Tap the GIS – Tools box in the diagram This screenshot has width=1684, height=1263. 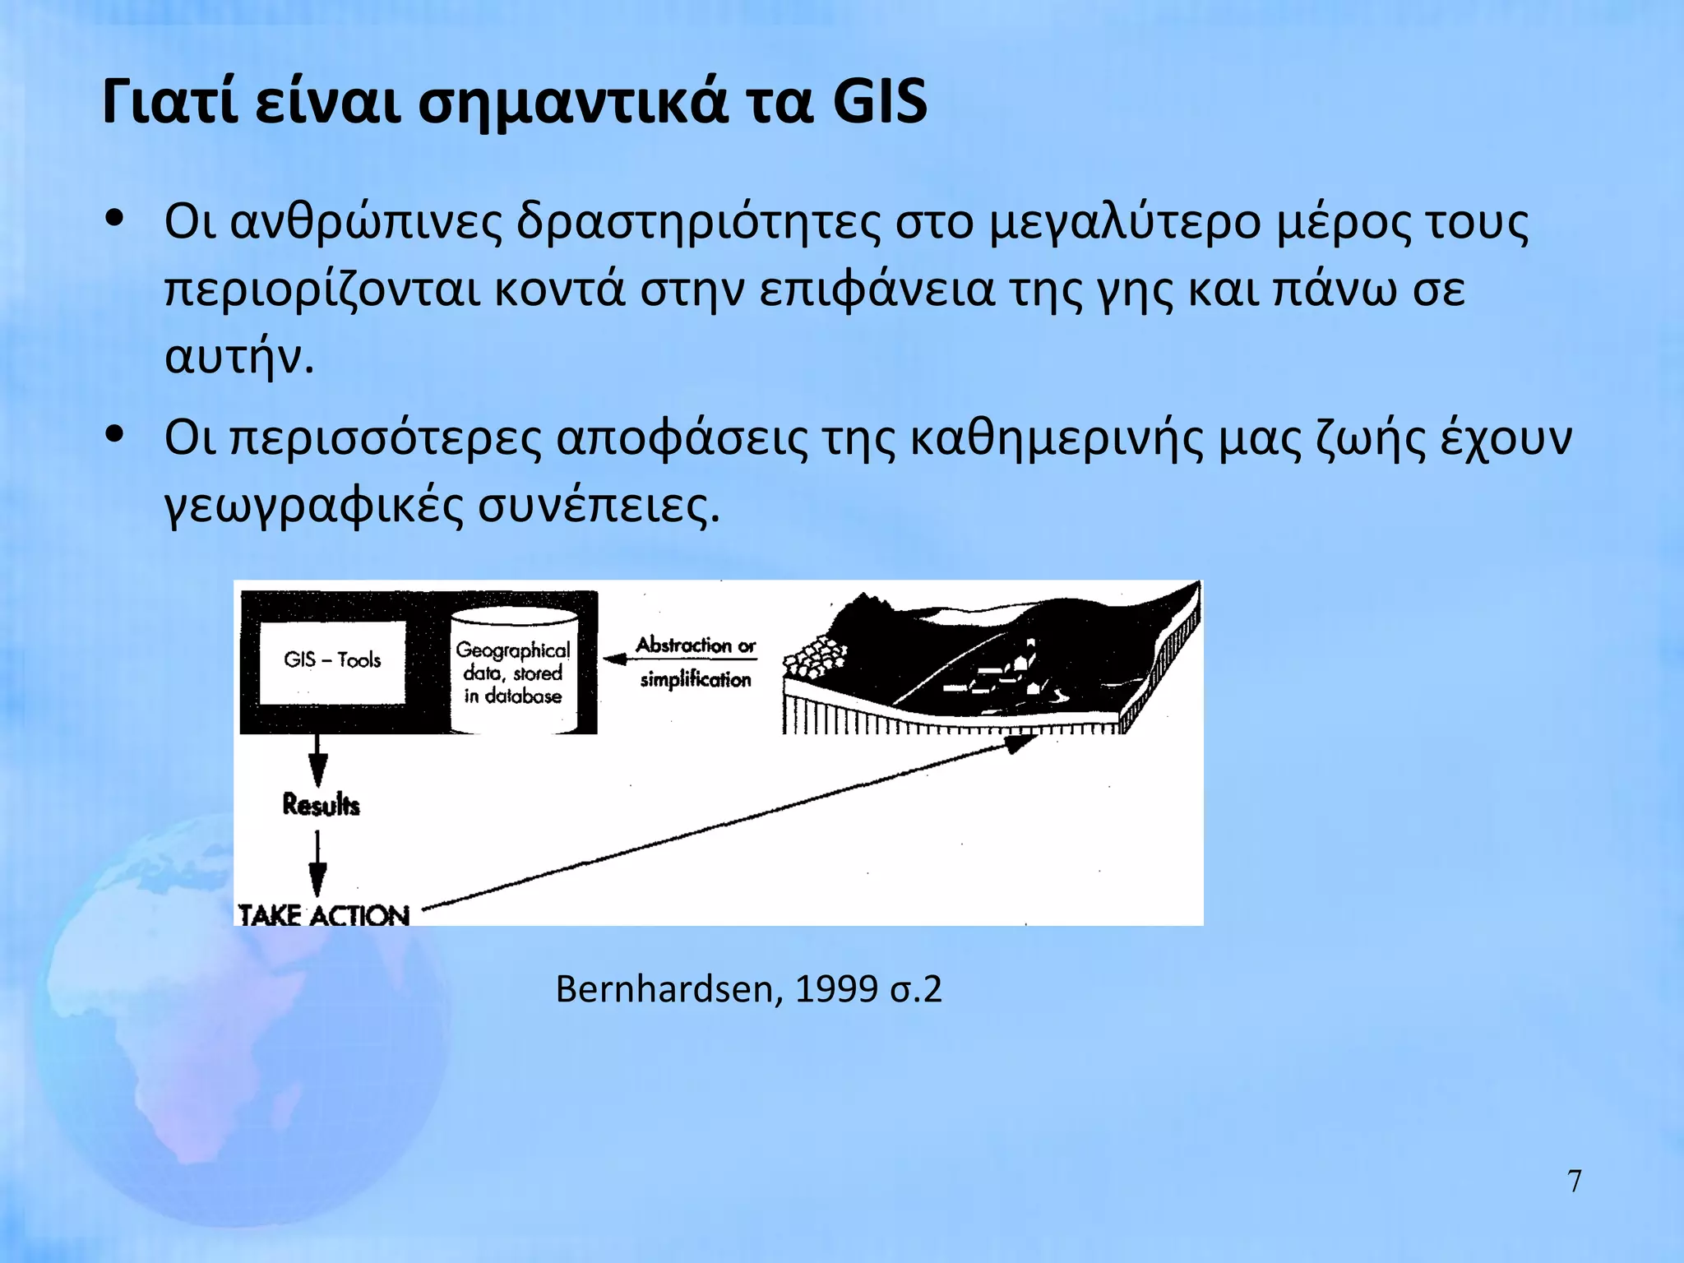coord(332,661)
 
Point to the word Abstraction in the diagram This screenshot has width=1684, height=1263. coord(683,645)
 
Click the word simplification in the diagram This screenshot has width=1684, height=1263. coord(696,680)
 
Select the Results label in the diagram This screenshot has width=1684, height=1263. coord(321,804)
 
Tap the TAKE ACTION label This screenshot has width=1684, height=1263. coord(323,914)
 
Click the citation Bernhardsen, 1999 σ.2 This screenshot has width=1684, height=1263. coord(748,988)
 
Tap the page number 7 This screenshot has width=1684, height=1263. coord(1574,1181)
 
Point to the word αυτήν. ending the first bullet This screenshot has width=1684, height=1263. coord(239,357)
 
